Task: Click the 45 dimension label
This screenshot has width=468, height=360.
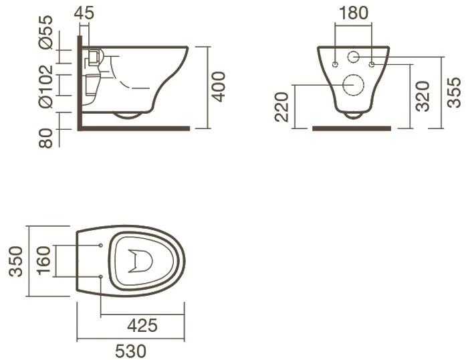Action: click(x=84, y=13)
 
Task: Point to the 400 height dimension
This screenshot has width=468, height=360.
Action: click(x=218, y=86)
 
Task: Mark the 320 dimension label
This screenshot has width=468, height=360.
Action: click(x=421, y=96)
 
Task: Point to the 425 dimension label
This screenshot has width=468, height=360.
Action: click(x=142, y=326)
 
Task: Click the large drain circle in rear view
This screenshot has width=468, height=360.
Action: click(x=352, y=85)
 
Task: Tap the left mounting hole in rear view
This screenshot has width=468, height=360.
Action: click(x=334, y=64)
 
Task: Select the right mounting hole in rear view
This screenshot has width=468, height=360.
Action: click(x=371, y=64)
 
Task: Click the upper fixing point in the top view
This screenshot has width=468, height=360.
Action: click(x=100, y=245)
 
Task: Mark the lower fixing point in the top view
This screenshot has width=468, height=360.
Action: click(x=100, y=276)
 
